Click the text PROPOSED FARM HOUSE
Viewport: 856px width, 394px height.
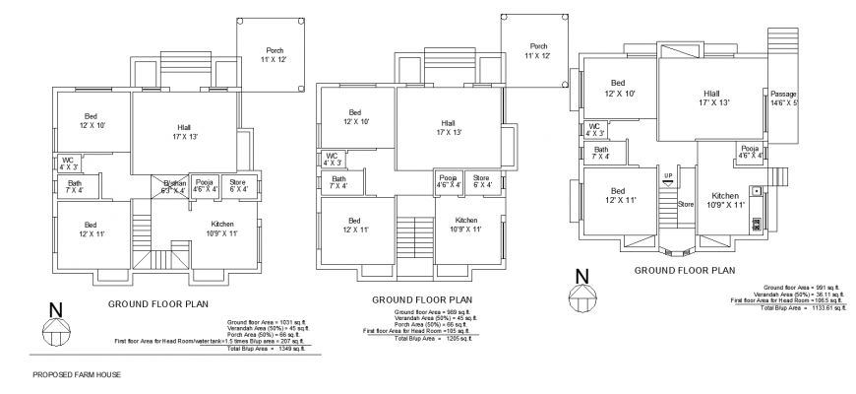[77, 374]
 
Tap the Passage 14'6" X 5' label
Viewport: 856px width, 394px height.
[784, 98]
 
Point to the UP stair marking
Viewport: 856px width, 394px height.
[668, 176]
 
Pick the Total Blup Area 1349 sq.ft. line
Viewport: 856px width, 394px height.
[265, 348]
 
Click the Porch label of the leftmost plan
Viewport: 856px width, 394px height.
[275, 55]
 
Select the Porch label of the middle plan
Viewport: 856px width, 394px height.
[538, 51]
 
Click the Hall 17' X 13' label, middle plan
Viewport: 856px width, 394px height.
[449, 127]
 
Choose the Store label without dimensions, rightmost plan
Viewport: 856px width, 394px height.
[686, 204]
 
